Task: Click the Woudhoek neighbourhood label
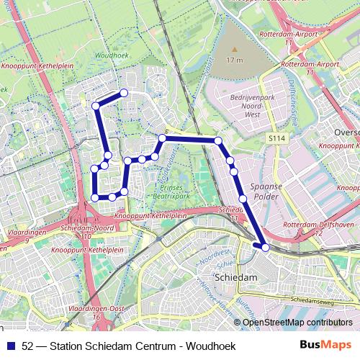(x=111, y=55)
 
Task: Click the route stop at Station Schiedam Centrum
(x=266, y=247)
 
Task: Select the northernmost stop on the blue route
(x=124, y=93)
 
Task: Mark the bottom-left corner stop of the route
(x=95, y=197)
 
